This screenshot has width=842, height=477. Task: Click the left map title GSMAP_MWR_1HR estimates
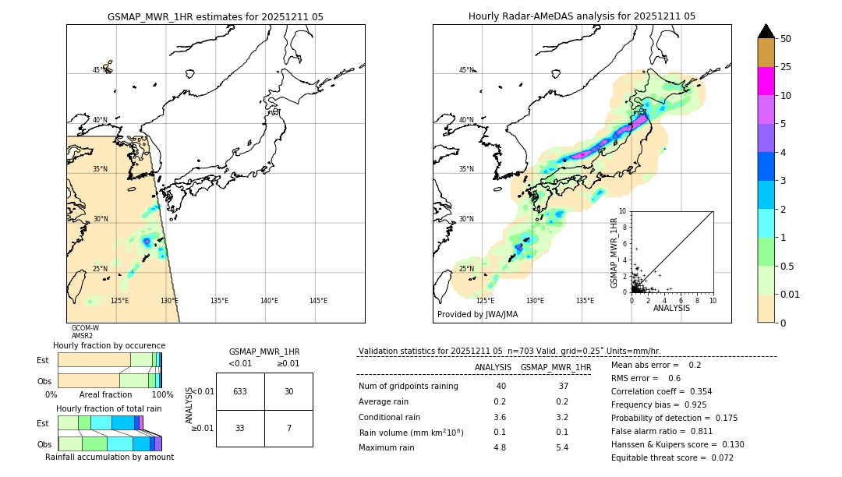click(x=215, y=16)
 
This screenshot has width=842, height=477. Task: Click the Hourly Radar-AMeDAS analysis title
click(x=582, y=16)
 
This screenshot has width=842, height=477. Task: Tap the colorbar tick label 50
click(x=786, y=39)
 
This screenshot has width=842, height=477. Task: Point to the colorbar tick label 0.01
click(x=791, y=294)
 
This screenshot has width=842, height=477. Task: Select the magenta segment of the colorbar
click(x=766, y=81)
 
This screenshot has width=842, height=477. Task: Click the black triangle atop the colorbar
click(x=766, y=31)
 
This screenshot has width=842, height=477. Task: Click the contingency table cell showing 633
click(x=240, y=391)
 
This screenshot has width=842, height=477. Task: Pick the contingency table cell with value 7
click(x=288, y=428)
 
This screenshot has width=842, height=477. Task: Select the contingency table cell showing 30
click(x=288, y=391)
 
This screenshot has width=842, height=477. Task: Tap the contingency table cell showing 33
click(x=240, y=428)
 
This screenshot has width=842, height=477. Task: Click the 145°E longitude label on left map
click(x=318, y=301)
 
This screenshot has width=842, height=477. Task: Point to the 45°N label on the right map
click(x=466, y=70)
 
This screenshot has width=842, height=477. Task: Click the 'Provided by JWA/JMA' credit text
click(x=477, y=315)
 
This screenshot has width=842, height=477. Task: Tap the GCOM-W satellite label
click(x=85, y=328)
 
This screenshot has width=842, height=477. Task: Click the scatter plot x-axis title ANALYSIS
click(x=671, y=308)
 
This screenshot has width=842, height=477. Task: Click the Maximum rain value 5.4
click(x=561, y=447)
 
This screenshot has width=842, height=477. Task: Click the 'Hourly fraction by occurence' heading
click(x=109, y=345)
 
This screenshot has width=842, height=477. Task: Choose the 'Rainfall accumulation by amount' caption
click(x=109, y=457)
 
